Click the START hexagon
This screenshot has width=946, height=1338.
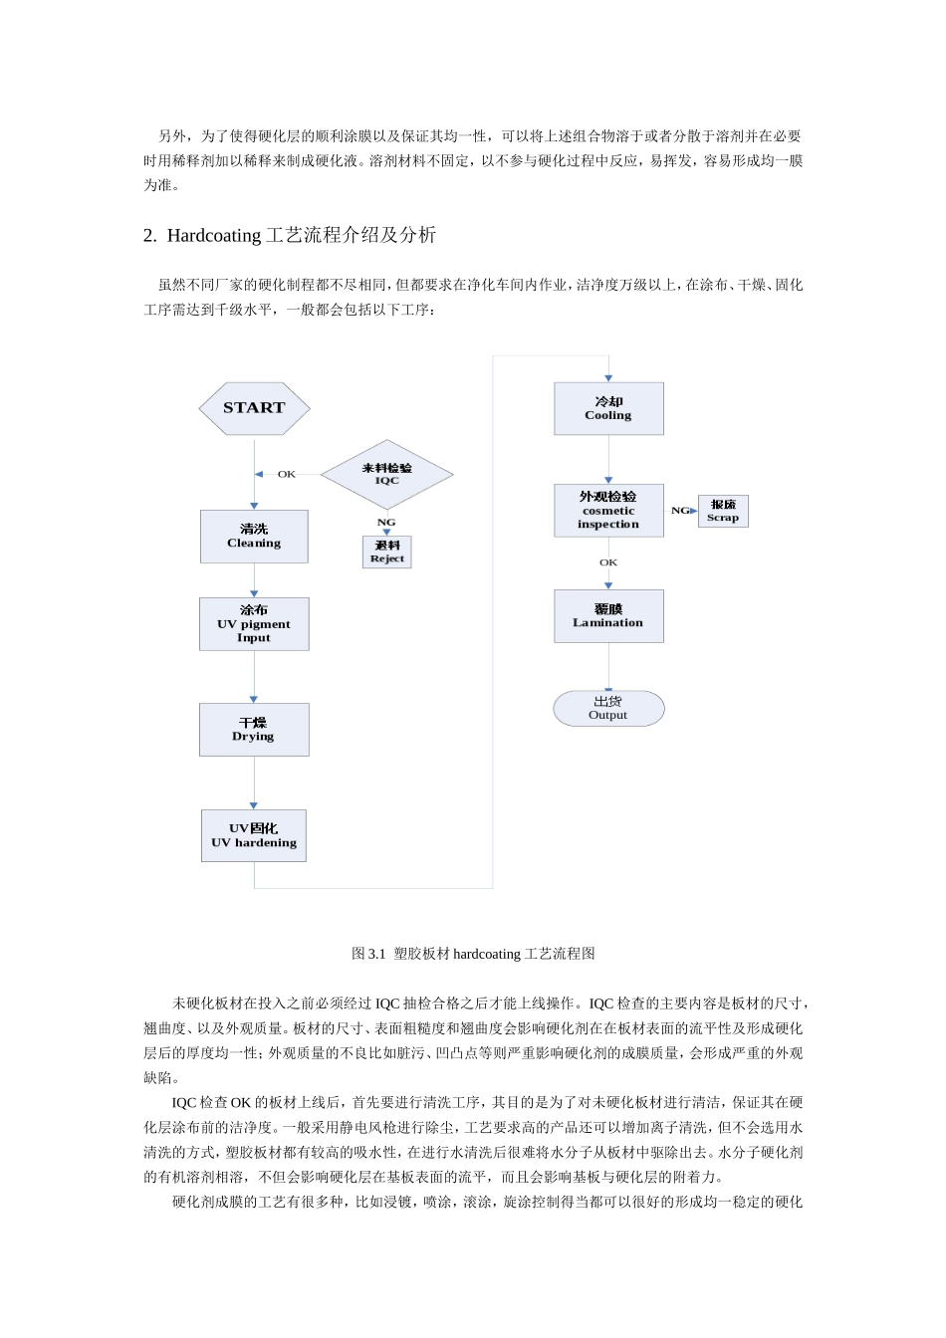tap(254, 408)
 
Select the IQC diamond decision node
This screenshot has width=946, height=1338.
tap(386, 474)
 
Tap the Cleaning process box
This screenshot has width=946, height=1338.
tap(254, 537)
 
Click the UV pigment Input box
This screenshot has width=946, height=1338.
tap(254, 624)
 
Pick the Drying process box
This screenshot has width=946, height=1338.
tap(254, 730)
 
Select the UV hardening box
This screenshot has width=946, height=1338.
tap(254, 835)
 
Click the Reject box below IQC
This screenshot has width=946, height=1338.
tap(386, 553)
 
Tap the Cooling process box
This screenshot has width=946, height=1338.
tap(608, 408)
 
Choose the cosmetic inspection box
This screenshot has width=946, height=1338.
tap(608, 510)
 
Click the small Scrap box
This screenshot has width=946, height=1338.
tap(723, 511)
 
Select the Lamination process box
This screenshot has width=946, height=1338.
tap(608, 615)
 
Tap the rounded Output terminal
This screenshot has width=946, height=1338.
tap(608, 708)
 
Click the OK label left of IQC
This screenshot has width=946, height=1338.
tap(287, 474)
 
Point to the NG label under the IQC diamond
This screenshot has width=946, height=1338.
tap(386, 522)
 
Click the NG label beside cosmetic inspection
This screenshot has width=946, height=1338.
tap(680, 511)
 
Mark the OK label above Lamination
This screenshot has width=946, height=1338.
tap(608, 562)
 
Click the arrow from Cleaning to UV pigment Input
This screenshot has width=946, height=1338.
tap(254, 580)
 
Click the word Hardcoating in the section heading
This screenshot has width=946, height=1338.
tap(215, 236)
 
